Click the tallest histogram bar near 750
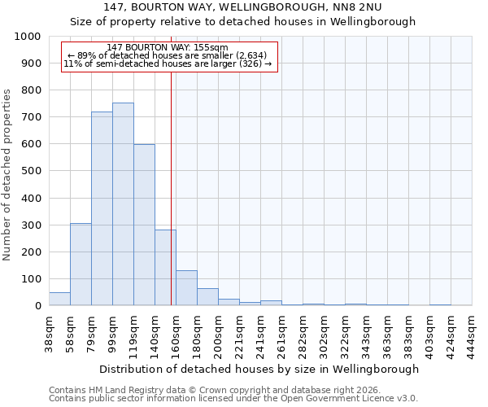(123, 204)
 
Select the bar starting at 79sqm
(102, 208)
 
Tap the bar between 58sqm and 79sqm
(81, 265)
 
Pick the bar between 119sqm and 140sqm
(144, 225)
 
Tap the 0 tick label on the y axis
(37, 306)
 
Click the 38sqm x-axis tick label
(50, 333)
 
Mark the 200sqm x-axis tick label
(219, 333)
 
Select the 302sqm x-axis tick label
(325, 333)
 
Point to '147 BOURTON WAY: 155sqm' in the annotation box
(168, 48)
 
